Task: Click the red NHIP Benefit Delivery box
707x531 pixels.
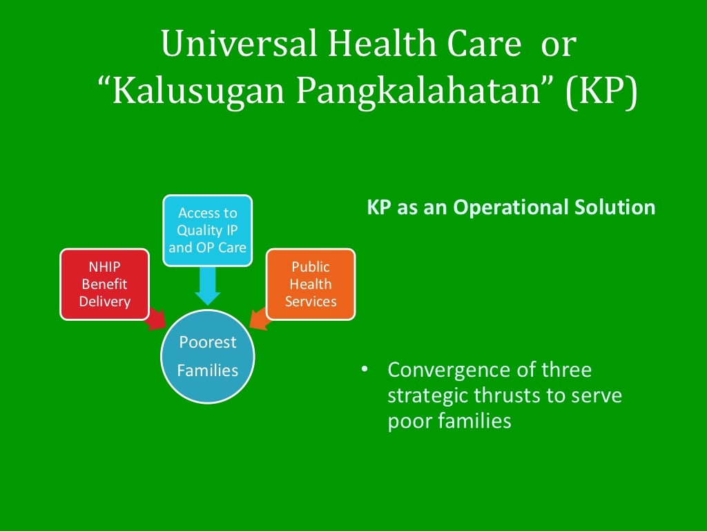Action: click(104, 284)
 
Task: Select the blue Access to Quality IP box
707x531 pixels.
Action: click(207, 230)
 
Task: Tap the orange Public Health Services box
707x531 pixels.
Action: click(311, 284)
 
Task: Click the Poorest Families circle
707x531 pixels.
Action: click(207, 357)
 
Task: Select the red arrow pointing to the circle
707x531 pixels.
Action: click(156, 319)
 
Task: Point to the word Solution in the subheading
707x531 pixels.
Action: click(617, 207)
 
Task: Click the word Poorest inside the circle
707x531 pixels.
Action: click(207, 342)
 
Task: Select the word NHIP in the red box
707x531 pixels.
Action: click(104, 267)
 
